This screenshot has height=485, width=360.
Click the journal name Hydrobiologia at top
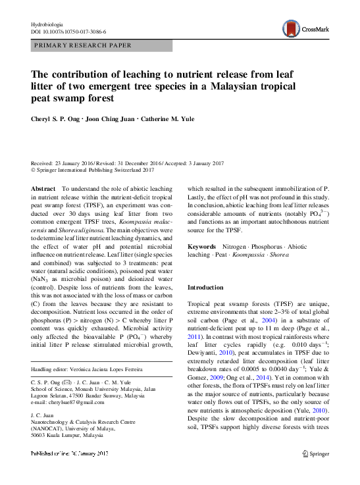point(50,24)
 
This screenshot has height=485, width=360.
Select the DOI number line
point(68,32)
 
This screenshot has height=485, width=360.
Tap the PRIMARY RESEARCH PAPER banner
point(82,46)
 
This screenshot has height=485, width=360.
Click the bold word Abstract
point(43,189)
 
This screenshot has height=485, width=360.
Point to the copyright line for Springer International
point(93,169)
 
